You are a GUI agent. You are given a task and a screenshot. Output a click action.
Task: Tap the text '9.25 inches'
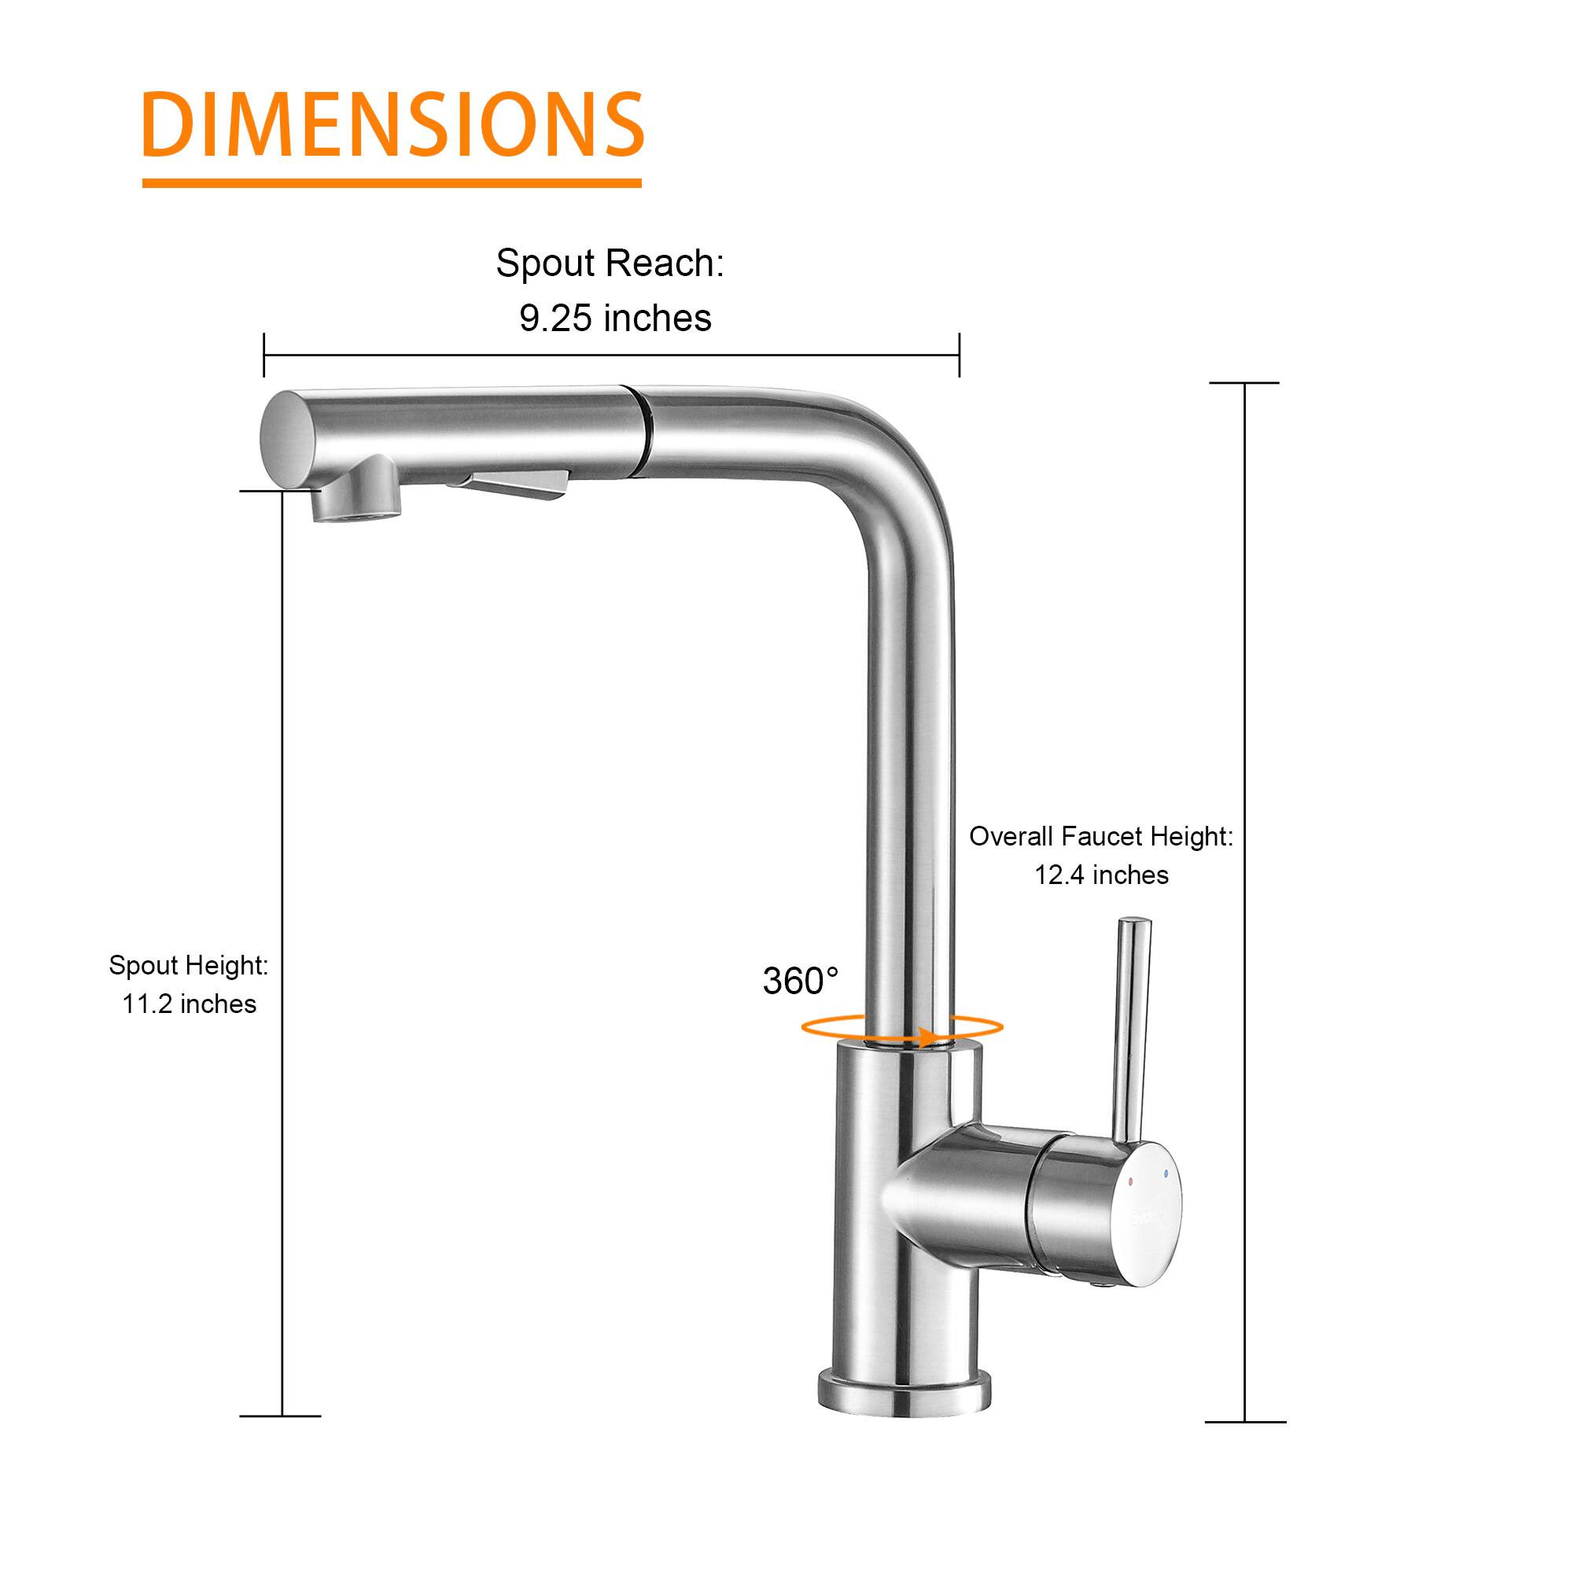pyautogui.click(x=615, y=319)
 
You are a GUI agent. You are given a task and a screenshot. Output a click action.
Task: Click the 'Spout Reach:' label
pyautogui.click(x=610, y=263)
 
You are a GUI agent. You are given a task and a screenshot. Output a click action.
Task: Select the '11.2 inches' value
pyautogui.click(x=189, y=1004)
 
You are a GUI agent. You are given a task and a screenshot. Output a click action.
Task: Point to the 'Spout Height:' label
pyautogui.click(x=188, y=966)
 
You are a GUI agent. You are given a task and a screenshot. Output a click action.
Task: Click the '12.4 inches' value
pyautogui.click(x=1101, y=875)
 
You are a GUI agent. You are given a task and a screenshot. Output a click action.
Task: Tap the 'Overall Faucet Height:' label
pyautogui.click(x=1101, y=836)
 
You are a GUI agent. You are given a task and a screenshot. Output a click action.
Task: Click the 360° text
pyautogui.click(x=800, y=981)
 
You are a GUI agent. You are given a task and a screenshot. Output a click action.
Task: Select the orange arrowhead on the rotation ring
pyautogui.click(x=925, y=1037)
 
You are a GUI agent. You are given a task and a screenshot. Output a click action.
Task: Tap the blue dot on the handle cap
pyautogui.click(x=1166, y=1173)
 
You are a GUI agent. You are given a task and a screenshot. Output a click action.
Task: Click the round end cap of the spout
pyautogui.click(x=287, y=440)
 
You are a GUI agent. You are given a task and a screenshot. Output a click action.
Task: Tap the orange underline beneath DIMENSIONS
pyautogui.click(x=392, y=183)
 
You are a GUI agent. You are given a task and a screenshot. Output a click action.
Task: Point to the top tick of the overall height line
pyautogui.click(x=1244, y=383)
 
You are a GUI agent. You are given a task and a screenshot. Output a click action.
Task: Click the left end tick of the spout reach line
pyautogui.click(x=263, y=355)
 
